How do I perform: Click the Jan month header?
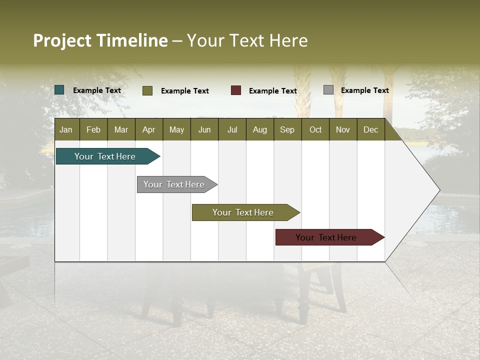click(x=66, y=129)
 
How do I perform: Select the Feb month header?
click(x=93, y=129)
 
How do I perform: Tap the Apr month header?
click(x=148, y=129)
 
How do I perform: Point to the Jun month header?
click(x=204, y=129)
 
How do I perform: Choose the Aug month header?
click(x=259, y=129)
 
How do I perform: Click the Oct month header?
click(x=315, y=129)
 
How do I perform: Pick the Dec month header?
click(x=370, y=129)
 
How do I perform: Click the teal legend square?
click(x=59, y=90)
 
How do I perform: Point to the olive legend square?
click(x=147, y=90)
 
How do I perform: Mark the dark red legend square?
click(x=236, y=90)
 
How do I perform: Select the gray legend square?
click(x=328, y=90)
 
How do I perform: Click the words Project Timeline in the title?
click(x=100, y=40)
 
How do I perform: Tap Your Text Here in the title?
click(x=247, y=40)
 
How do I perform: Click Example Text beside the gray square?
click(x=364, y=90)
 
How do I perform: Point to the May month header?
click(x=176, y=129)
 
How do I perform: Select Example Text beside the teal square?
click(x=97, y=90)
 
